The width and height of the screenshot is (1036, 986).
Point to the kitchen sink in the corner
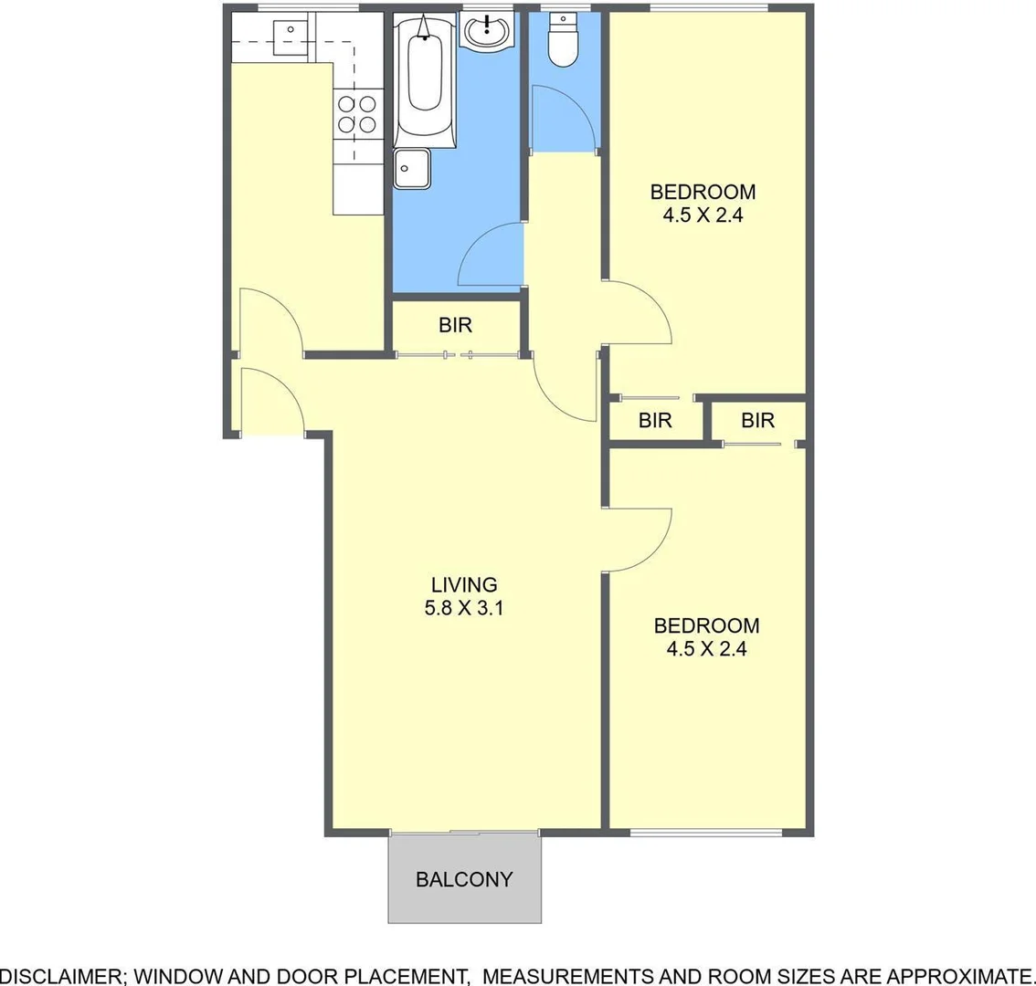[x=291, y=32]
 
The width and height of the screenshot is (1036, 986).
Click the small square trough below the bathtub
[x=412, y=169]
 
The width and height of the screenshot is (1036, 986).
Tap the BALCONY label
[x=464, y=879]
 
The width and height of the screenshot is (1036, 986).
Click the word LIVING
[x=464, y=584]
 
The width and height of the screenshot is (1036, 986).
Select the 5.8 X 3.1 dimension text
[x=464, y=608]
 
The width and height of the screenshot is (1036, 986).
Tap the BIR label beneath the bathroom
[x=455, y=325]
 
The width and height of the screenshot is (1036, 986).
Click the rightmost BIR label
[x=757, y=420]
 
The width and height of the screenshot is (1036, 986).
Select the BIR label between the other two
[x=655, y=420]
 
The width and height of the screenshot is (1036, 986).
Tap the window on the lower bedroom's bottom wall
[x=706, y=832]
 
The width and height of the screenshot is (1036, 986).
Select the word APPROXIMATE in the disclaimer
[x=958, y=975]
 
